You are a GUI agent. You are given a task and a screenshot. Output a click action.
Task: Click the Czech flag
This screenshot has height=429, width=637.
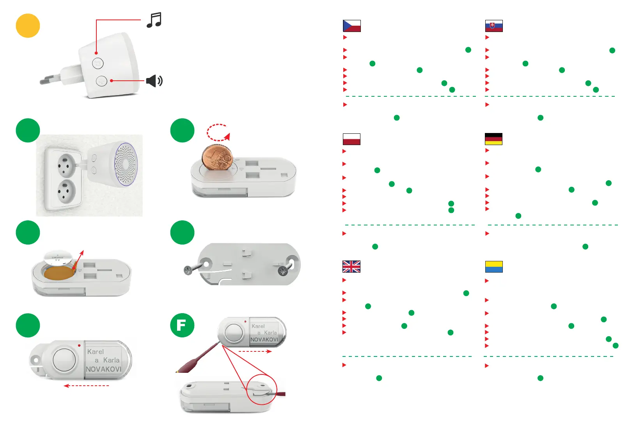click(351, 26)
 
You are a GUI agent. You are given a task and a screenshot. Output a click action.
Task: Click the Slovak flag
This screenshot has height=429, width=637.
click(494, 26)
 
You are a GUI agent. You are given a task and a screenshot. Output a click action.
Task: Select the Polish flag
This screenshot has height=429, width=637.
click(351, 139)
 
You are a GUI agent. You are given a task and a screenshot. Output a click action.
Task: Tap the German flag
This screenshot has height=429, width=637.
click(493, 139)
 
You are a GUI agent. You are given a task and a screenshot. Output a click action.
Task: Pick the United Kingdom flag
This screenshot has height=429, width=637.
click(351, 266)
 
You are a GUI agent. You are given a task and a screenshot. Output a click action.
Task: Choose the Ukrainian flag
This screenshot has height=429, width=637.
click(494, 267)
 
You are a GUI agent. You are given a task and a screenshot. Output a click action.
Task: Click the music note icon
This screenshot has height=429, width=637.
click(154, 20)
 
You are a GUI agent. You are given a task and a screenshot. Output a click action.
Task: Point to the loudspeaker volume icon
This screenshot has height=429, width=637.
click(154, 81)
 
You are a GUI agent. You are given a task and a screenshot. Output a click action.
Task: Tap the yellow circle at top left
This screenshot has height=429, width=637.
click(28, 26)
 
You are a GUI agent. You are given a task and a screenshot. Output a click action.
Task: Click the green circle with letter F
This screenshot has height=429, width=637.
click(182, 325)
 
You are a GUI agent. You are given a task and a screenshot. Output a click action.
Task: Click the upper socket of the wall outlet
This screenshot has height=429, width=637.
click(65, 166)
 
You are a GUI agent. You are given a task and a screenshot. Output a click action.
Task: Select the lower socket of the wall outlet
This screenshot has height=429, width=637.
click(65, 192)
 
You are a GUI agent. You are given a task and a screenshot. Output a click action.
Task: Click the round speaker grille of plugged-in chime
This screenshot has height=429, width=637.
click(126, 164)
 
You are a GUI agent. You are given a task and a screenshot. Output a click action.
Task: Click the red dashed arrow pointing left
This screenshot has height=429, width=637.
click(86, 386)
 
